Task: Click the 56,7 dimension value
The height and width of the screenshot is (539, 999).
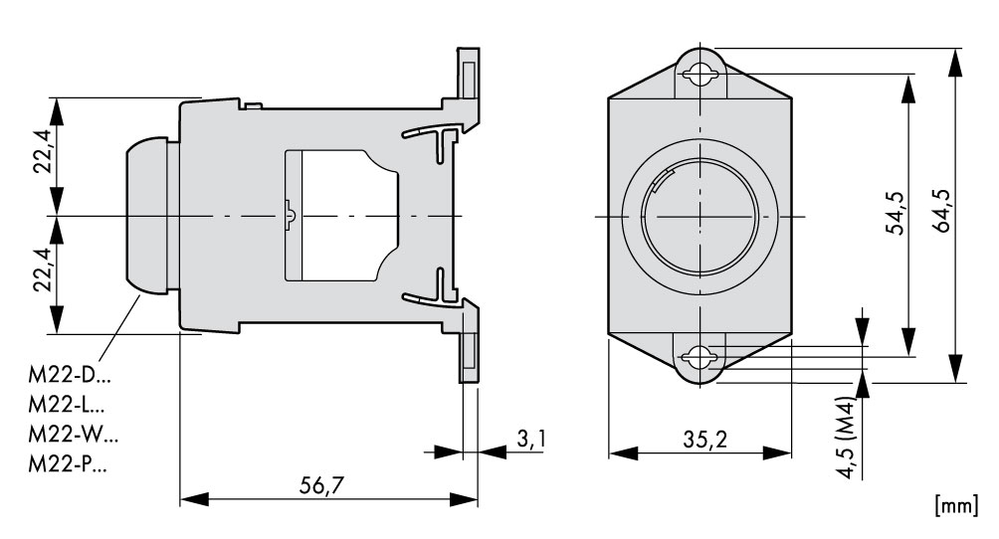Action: (x=321, y=485)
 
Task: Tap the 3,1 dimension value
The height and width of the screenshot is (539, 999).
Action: (x=530, y=439)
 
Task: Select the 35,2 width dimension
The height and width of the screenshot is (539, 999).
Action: (x=704, y=439)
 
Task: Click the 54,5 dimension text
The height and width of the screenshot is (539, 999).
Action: (x=896, y=213)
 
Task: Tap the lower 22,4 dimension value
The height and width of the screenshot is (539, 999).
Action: (x=44, y=269)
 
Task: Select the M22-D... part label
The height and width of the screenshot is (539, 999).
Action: (x=70, y=375)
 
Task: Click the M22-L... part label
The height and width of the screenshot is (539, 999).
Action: (x=67, y=405)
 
